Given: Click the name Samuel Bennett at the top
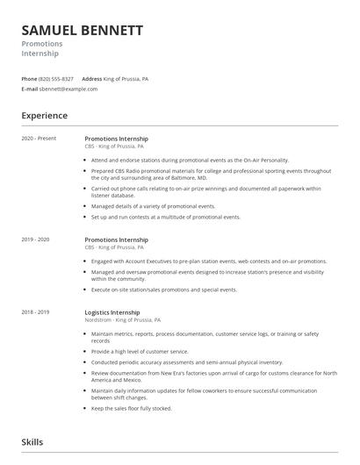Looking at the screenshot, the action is (82, 31).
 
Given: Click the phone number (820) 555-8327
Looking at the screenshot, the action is (57, 78).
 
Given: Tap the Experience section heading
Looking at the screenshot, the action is (44, 116).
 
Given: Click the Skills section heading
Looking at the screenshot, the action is (32, 442).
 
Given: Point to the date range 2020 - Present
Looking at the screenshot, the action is (37, 139).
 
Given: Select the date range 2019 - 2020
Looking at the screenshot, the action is (36, 240).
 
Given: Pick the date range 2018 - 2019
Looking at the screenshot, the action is (36, 312).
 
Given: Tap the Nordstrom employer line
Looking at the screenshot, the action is (126, 322).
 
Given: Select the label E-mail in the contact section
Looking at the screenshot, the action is (30, 89).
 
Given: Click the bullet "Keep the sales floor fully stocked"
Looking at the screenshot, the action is (132, 408).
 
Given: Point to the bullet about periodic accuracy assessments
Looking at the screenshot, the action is (175, 361).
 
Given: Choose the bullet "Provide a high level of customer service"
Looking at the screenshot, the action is (140, 351).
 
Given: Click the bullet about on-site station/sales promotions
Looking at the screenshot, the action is (164, 289).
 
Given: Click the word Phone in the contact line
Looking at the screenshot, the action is (29, 78).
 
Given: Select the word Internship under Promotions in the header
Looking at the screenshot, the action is (40, 54).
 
